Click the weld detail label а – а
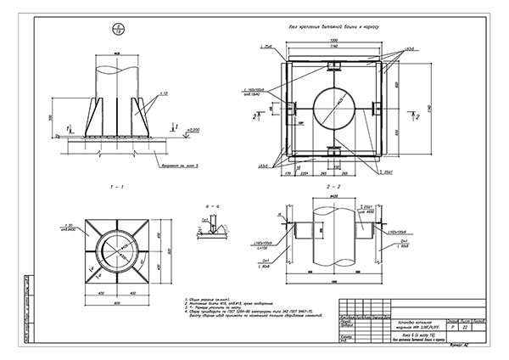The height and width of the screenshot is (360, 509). click(x=214, y=206)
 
